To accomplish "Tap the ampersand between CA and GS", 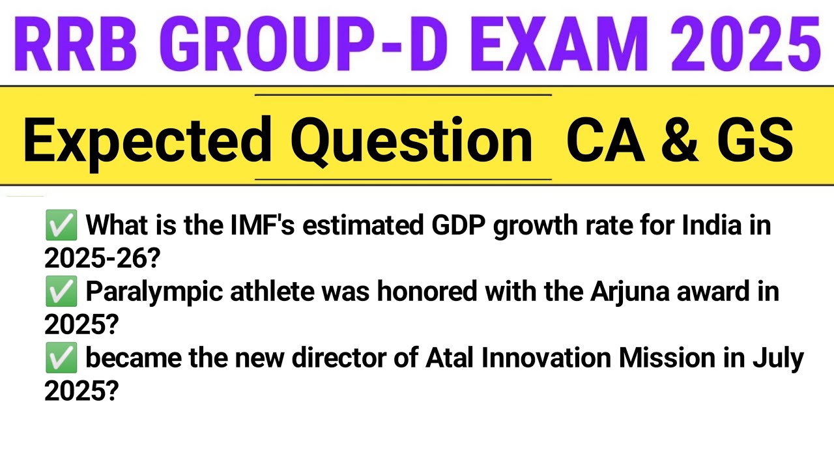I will pos(683,139).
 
